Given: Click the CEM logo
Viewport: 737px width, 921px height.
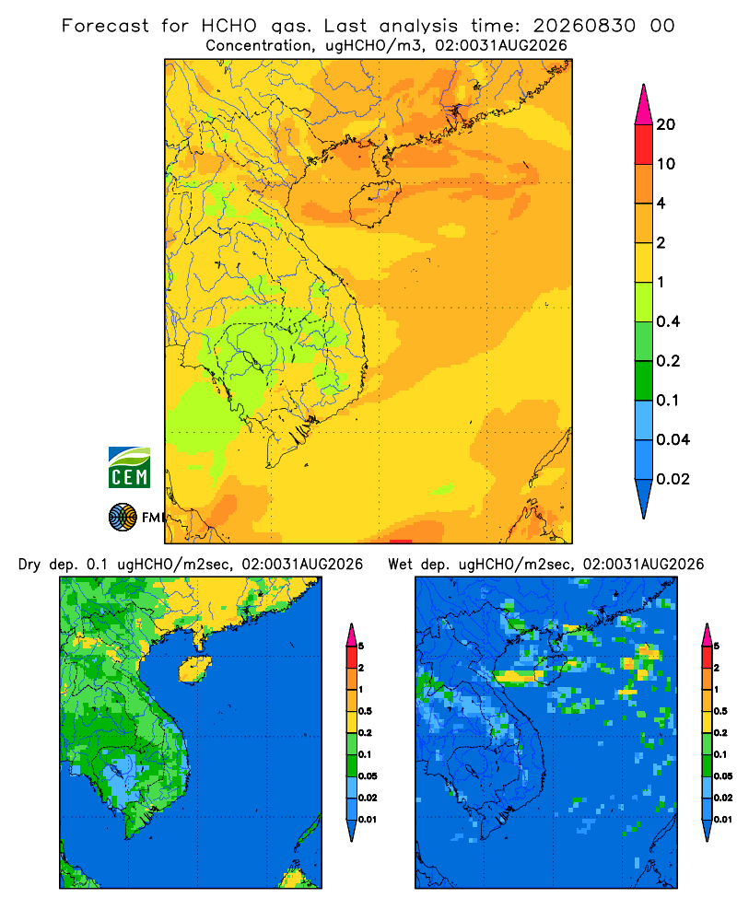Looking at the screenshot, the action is coord(129,467).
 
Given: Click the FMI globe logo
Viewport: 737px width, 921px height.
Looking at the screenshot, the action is coord(123,517).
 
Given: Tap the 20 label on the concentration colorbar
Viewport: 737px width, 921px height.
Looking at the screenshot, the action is coord(665,124).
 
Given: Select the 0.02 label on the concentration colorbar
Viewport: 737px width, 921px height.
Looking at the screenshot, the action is coord(673,479).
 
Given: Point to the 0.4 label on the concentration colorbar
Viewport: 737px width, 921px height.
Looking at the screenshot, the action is coord(668,321).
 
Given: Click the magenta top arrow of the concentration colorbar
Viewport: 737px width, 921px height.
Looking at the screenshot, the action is coord(644,104).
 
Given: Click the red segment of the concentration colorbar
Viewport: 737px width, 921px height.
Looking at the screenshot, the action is coord(644,145).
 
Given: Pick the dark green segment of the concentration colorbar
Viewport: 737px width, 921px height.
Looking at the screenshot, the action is coord(644,380).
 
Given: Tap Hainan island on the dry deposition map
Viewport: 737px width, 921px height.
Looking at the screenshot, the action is coord(194,669).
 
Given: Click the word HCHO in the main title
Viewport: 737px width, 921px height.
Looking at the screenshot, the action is coord(229,26).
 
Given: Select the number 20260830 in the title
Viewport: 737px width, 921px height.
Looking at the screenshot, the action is coord(584,26).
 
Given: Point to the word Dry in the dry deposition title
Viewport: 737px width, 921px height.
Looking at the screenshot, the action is coord(29,565).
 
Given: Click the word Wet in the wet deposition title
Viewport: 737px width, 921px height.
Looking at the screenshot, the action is coord(400,565).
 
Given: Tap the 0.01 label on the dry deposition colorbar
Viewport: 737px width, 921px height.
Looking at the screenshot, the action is coord(368,820).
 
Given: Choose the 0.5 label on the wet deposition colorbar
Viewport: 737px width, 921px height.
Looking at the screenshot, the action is coord(719,711).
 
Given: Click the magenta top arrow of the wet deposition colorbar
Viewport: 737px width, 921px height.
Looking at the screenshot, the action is coord(707,635).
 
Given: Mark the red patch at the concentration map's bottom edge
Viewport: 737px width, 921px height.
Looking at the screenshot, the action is coord(400,541).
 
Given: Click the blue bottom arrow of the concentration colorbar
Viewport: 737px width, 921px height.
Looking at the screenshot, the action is coord(644,498).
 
